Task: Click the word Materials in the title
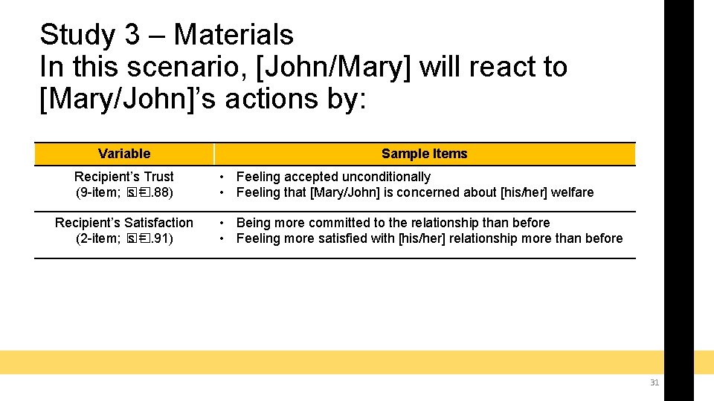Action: pyautogui.click(x=234, y=35)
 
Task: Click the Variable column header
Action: pyautogui.click(x=124, y=154)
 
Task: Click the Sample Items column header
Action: pyautogui.click(x=424, y=154)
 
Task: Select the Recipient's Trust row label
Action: pyautogui.click(x=124, y=177)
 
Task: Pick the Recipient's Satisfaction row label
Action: pyautogui.click(x=124, y=223)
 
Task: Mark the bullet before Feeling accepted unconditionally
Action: pyautogui.click(x=222, y=177)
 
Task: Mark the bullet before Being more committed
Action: pyautogui.click(x=222, y=223)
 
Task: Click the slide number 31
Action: pyautogui.click(x=654, y=382)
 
